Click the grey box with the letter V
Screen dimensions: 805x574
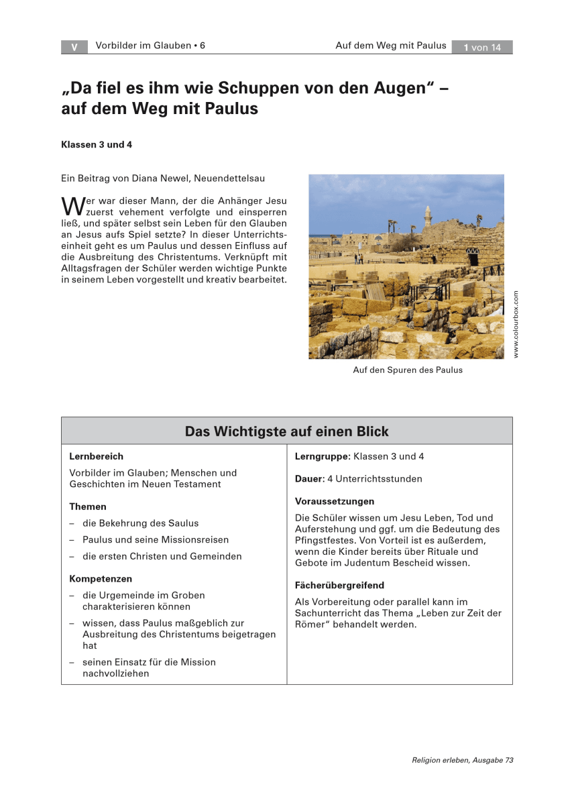point(74,47)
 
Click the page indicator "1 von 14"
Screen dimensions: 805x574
point(481,47)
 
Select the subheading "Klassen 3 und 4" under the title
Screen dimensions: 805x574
point(101,144)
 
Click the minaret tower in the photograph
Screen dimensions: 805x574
point(427,218)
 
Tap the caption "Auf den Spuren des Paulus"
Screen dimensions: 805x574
point(408,370)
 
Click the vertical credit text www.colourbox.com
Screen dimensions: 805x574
point(516,324)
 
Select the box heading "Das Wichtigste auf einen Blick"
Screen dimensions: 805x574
point(286,431)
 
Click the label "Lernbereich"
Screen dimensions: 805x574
point(96,456)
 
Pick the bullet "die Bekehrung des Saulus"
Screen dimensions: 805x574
point(140,523)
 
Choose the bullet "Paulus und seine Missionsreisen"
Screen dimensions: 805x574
point(156,539)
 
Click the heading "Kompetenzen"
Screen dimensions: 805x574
point(101,578)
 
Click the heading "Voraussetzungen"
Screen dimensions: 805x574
point(335,501)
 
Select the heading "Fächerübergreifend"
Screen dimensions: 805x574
point(339,585)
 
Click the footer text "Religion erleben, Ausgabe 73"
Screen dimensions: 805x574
point(463,760)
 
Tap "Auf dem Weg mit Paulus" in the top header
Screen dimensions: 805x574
point(390,46)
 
